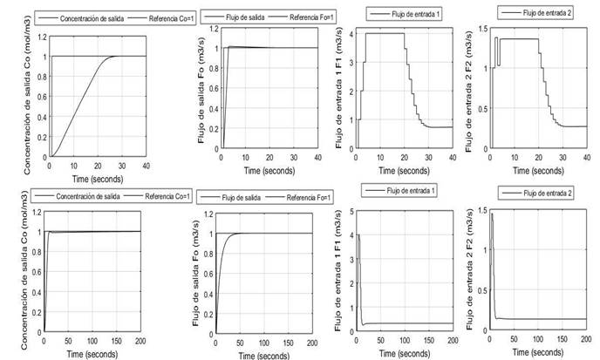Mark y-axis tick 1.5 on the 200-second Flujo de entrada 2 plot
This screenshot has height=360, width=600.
(x=476, y=211)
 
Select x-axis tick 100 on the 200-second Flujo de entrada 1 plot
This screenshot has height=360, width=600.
(x=404, y=341)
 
